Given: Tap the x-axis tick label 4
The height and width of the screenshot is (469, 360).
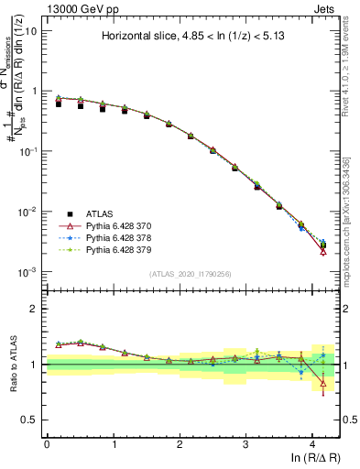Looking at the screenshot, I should pos(312,443).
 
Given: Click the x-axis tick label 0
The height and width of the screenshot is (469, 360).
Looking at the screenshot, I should pos(47,443).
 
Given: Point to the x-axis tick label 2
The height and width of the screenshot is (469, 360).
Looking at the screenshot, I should pos(180,443).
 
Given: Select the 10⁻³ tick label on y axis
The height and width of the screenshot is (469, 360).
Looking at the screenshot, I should pos(28,272).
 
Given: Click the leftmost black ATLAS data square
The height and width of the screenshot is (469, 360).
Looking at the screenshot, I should pos(59,104).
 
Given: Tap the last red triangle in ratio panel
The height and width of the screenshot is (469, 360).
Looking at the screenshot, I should pos(323,384).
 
